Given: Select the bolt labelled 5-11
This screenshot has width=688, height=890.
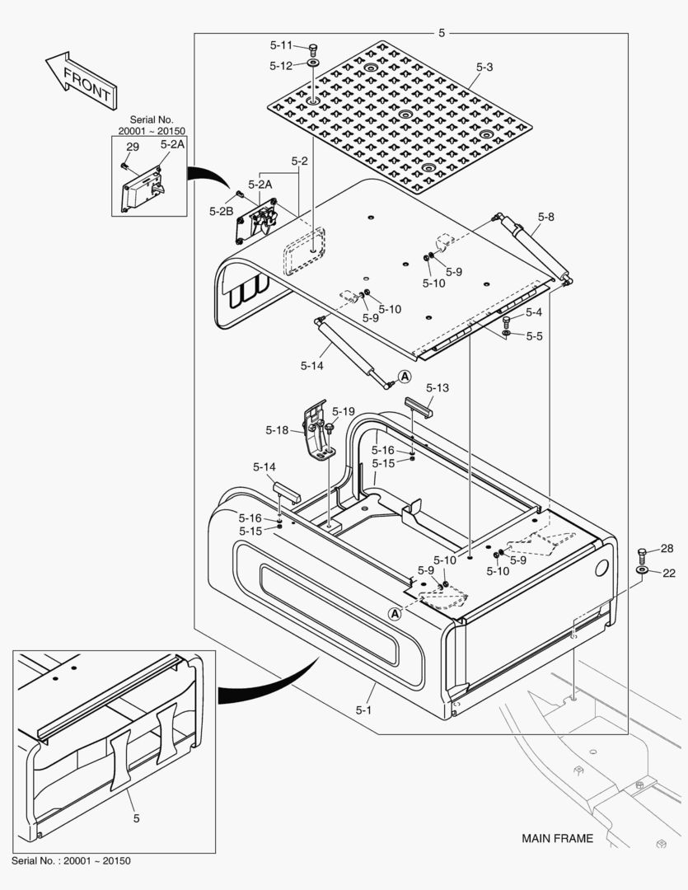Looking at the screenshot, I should pyautogui.click(x=314, y=49).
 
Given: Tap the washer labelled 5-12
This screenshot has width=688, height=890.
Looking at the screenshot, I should pyautogui.click(x=314, y=63).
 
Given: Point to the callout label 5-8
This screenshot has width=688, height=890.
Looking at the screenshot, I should pyautogui.click(x=545, y=218).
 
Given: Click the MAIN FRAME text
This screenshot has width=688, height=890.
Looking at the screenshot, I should pyautogui.click(x=557, y=839).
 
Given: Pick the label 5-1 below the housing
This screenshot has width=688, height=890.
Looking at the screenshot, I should pyautogui.click(x=364, y=709).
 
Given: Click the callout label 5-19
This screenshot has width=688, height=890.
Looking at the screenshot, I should pyautogui.click(x=344, y=411).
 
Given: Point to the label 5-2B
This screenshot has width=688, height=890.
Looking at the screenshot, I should pyautogui.click(x=221, y=211).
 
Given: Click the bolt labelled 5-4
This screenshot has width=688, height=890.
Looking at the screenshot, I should pyautogui.click(x=506, y=320).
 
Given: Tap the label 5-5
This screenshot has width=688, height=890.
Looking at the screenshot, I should pyautogui.click(x=534, y=336).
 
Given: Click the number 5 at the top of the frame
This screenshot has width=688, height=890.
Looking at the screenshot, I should pyautogui.click(x=442, y=33).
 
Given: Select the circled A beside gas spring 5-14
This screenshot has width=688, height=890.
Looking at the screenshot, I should pyautogui.click(x=405, y=377).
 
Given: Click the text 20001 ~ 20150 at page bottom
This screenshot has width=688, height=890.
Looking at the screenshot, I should pyautogui.click(x=94, y=861).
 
